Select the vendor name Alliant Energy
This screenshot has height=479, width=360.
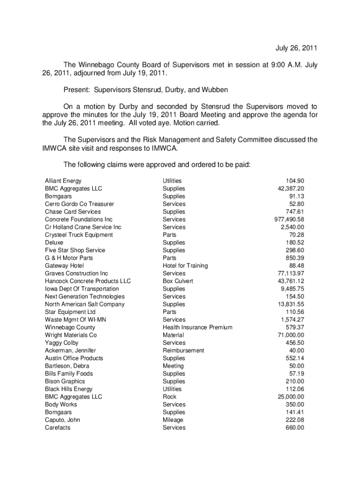tap(63, 181)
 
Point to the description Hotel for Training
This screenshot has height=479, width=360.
tap(185, 266)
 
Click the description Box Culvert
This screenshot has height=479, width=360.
tap(178, 281)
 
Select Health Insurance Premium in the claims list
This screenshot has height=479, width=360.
tap(197, 327)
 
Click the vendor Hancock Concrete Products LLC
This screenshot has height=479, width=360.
tap(88, 281)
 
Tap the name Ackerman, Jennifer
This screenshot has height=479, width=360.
tap(71, 350)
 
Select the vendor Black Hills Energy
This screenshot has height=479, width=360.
tap(69, 389)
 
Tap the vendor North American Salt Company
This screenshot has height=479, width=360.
tap(85, 304)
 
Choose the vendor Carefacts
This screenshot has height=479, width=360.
tap(58, 428)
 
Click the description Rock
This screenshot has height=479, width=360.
tap(170, 397)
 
